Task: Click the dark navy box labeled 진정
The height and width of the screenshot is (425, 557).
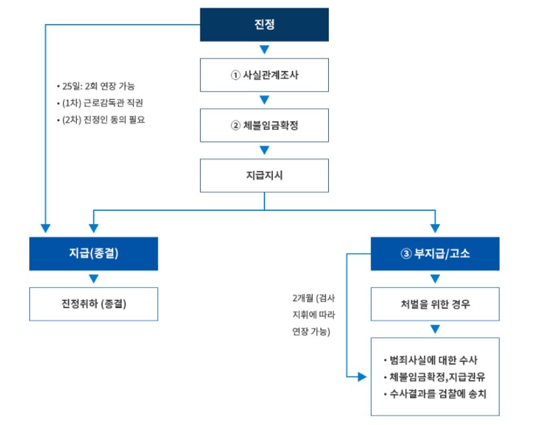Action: [264, 25]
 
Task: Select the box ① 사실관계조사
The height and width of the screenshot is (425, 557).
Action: [264, 75]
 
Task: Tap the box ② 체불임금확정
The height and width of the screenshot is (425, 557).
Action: [264, 125]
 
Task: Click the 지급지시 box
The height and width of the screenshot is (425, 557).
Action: [264, 175]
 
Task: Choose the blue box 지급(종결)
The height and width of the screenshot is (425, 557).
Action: [93, 253]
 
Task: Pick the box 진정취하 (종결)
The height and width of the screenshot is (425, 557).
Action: [93, 304]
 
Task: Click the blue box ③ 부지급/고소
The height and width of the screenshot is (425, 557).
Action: [435, 253]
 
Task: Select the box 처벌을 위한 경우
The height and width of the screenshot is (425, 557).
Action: [435, 304]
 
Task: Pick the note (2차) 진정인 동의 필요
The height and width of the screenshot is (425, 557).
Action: [102, 119]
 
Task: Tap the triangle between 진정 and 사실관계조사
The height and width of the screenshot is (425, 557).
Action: [265, 50]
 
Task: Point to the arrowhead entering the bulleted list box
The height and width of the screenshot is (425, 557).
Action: [362, 377]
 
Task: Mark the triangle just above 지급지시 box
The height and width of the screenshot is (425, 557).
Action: [265, 150]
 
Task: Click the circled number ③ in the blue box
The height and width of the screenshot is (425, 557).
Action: [406, 253]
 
